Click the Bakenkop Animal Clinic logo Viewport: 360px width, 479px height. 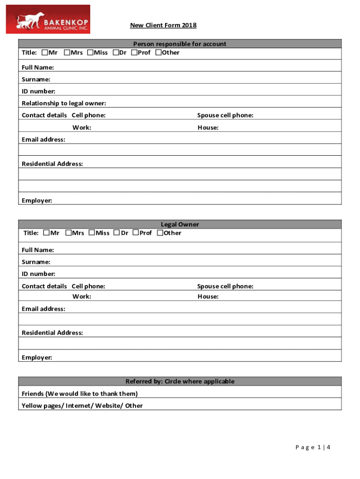[48, 19]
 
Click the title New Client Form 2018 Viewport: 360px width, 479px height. [163, 25]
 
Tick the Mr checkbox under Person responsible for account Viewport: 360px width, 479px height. [45, 52]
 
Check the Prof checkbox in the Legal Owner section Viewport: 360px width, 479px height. [136, 232]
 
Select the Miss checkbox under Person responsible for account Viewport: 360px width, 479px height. [90, 52]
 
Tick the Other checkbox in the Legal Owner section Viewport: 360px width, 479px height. [160, 232]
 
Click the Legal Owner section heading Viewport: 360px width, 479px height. [180, 225]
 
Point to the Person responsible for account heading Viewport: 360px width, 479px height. [180, 44]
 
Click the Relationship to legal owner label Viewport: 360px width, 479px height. [64, 103]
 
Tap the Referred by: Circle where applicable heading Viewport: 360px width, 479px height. [180, 381]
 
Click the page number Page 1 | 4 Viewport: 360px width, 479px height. [313, 447]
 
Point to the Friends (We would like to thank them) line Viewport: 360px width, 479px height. [79, 393]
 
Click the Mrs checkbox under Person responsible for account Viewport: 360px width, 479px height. [67, 52]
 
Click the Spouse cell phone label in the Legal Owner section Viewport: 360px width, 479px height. [225, 286]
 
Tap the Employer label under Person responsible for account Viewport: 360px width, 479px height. [37, 201]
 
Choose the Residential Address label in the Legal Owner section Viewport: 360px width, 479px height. [52, 333]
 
